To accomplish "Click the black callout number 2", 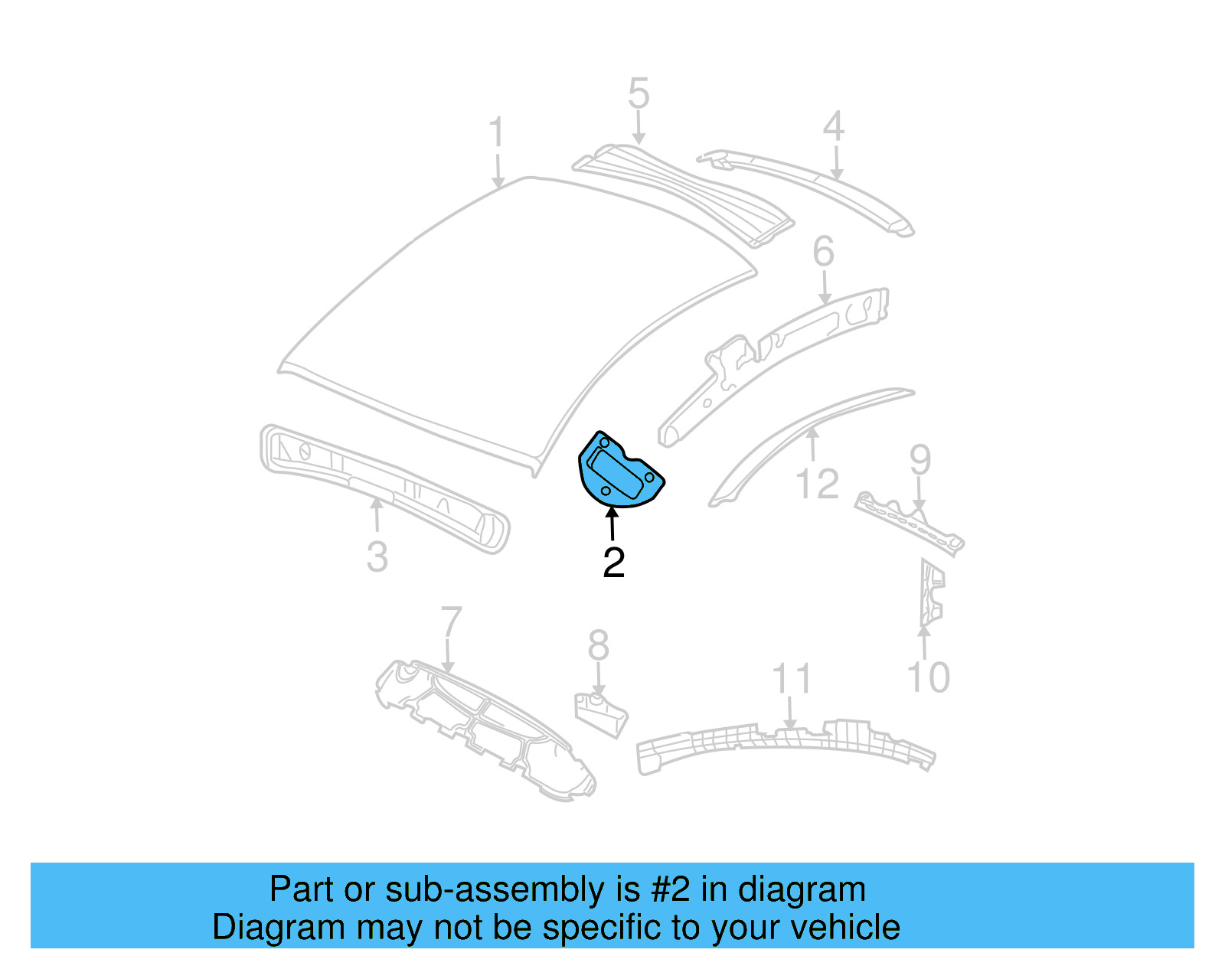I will (x=614, y=563).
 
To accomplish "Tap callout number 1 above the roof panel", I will (x=497, y=132).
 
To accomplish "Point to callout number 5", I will (x=639, y=94).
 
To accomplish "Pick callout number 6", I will (x=823, y=252).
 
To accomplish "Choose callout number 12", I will (x=817, y=485).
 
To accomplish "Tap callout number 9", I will (x=920, y=460).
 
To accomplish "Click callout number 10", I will (x=928, y=677).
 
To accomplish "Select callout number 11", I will (x=791, y=679).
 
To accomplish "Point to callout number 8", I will (x=598, y=645).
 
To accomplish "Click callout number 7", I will (x=451, y=623).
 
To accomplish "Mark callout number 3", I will (x=377, y=557).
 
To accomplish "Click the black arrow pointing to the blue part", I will (x=612, y=524).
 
